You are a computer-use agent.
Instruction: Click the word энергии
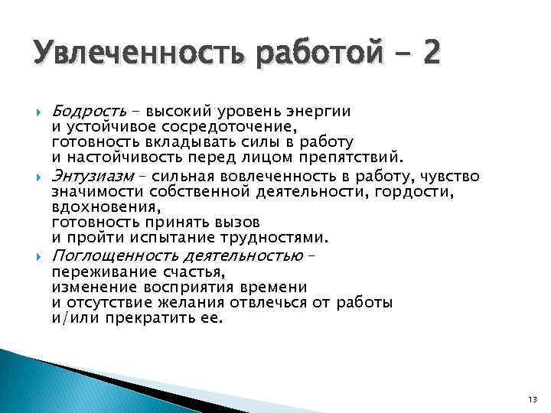coord(317,111)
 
